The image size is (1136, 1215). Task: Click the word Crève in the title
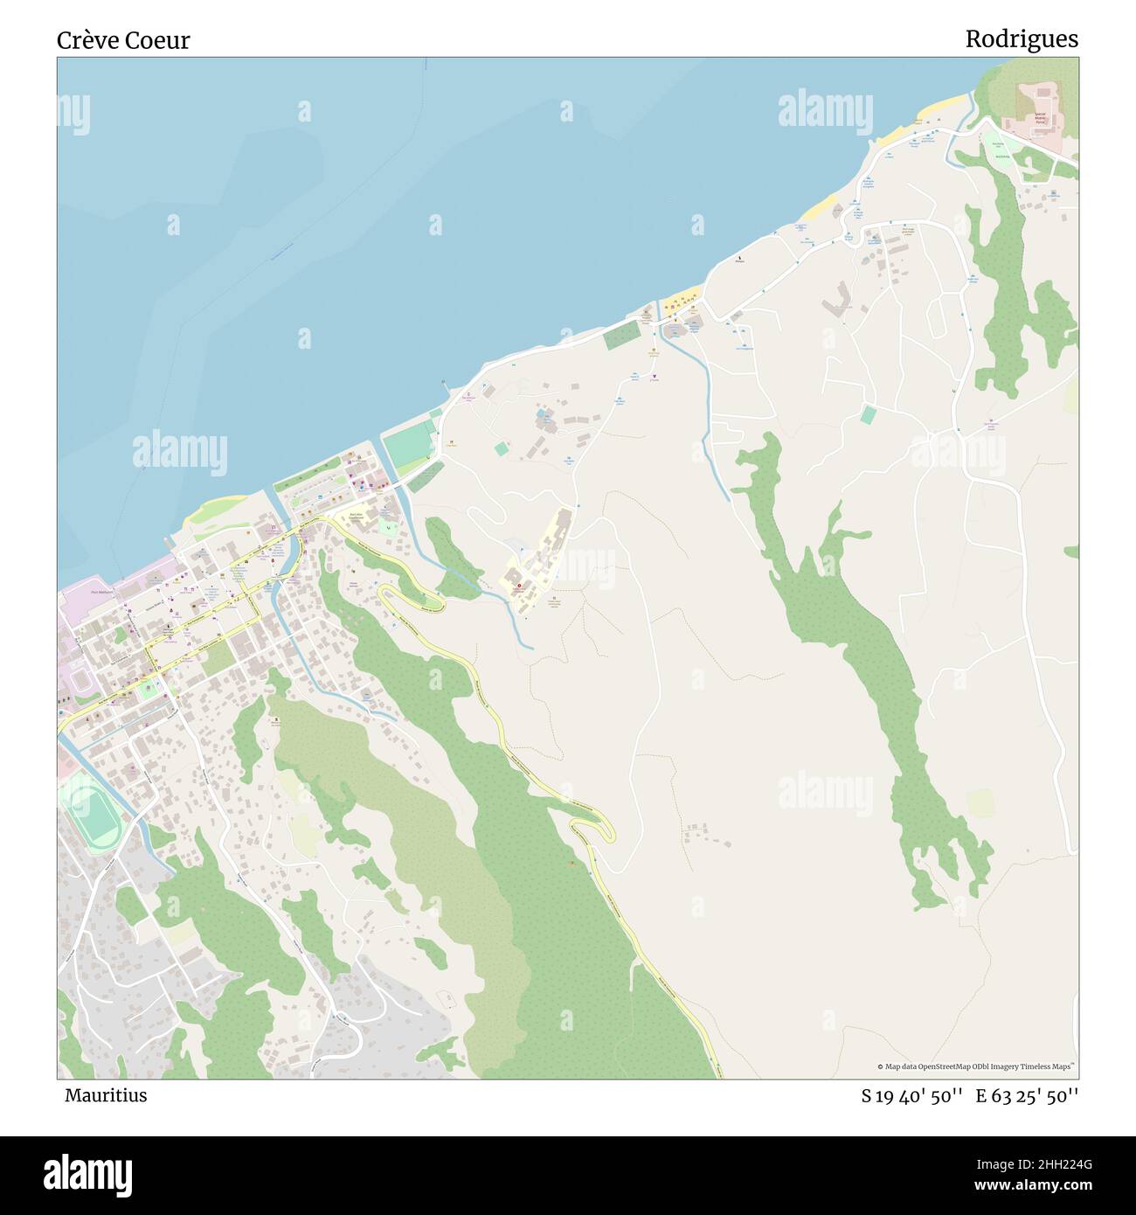click(87, 40)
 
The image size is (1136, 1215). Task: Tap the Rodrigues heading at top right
click(1021, 39)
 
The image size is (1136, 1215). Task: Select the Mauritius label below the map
click(105, 1094)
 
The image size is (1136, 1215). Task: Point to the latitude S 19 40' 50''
click(911, 1095)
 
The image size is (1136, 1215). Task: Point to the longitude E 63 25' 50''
click(1027, 1095)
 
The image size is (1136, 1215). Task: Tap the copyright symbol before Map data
click(880, 1066)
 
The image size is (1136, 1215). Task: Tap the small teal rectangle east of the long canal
click(868, 414)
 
